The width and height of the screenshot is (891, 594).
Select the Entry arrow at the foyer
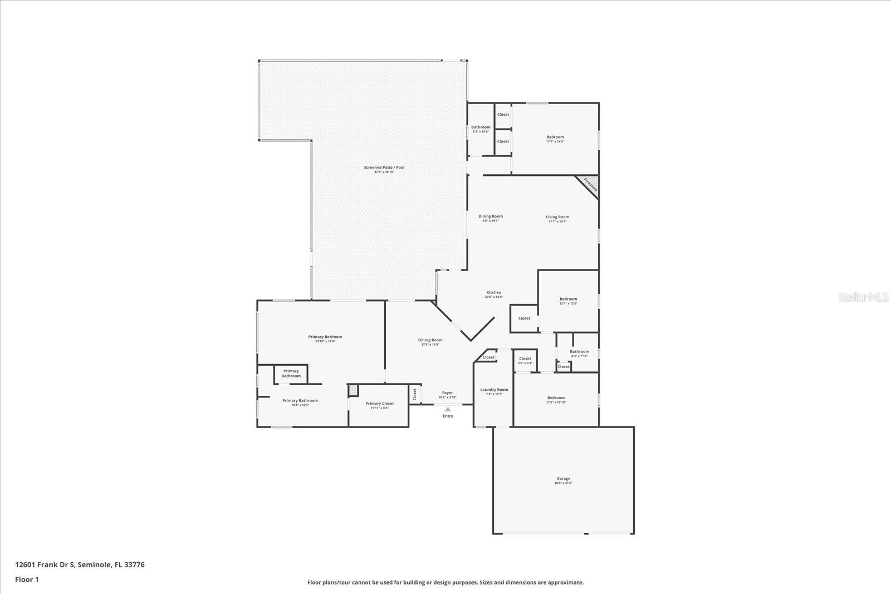pyautogui.click(x=448, y=409)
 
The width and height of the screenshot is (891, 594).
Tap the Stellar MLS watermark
pyautogui.click(x=864, y=297)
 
